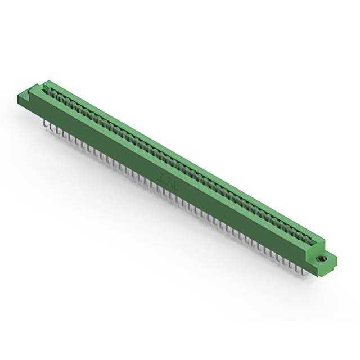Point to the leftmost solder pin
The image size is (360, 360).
(44, 122)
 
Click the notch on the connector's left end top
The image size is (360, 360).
(37, 88)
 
